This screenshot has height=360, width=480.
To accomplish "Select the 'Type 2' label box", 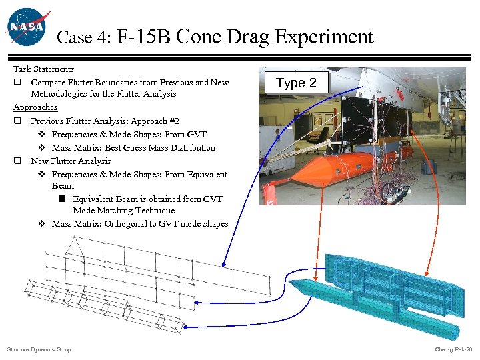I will point(297,83).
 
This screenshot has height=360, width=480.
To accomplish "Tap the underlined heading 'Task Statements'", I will point(44,69).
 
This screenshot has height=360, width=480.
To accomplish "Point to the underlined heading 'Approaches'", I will point(35,107).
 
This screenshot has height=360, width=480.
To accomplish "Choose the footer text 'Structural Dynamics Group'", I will point(39,349).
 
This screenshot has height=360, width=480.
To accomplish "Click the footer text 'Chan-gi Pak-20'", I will point(453,349).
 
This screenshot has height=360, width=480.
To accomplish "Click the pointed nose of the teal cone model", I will point(292,283).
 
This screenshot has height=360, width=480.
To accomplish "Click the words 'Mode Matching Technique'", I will point(124,211).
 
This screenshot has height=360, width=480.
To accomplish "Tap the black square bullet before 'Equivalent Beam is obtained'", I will point(61,199).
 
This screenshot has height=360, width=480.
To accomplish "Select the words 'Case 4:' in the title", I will point(84,38).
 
